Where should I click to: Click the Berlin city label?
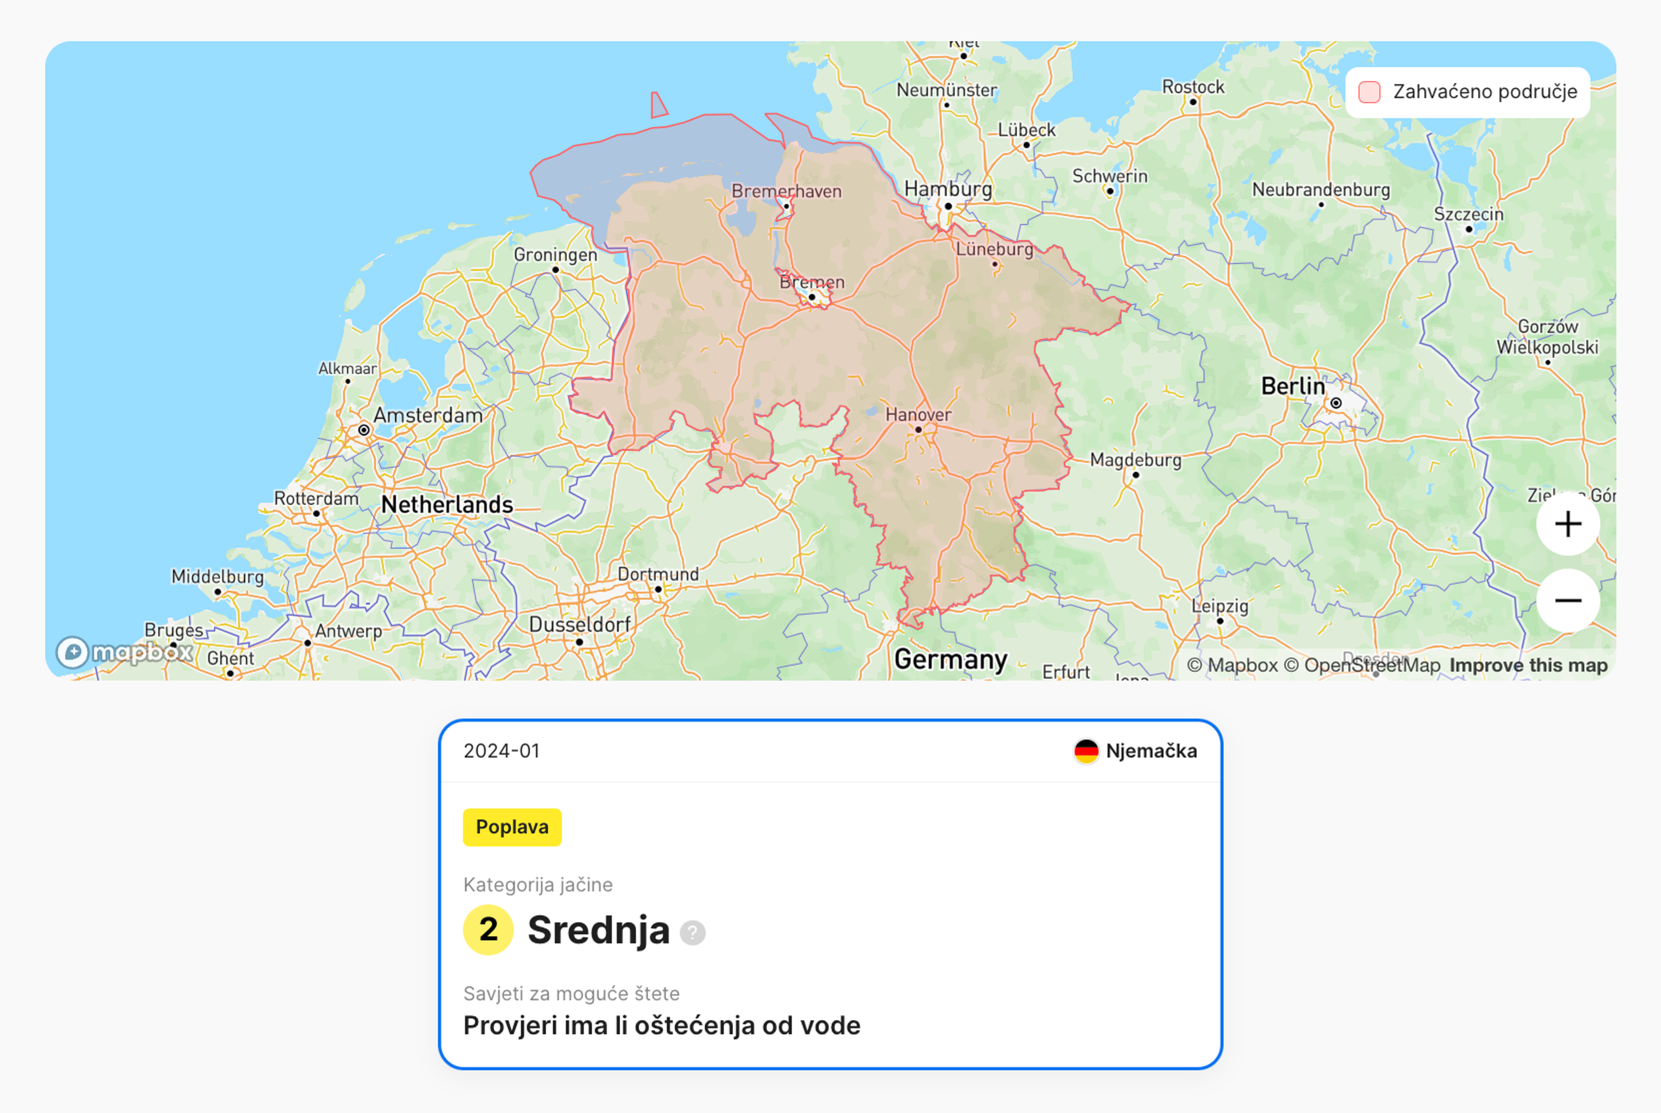point(1292,386)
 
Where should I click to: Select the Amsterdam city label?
point(427,415)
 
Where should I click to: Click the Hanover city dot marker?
point(918,429)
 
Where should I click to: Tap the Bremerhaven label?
point(786,191)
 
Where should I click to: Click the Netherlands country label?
point(447,505)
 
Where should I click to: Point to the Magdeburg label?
point(1135,460)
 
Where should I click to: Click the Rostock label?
point(1193,86)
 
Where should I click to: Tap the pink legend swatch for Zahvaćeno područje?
point(1369,92)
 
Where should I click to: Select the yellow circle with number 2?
point(488,930)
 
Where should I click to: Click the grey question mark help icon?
point(693,932)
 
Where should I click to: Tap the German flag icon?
point(1086,751)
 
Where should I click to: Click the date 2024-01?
point(501,751)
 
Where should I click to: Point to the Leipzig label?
point(1219,606)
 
